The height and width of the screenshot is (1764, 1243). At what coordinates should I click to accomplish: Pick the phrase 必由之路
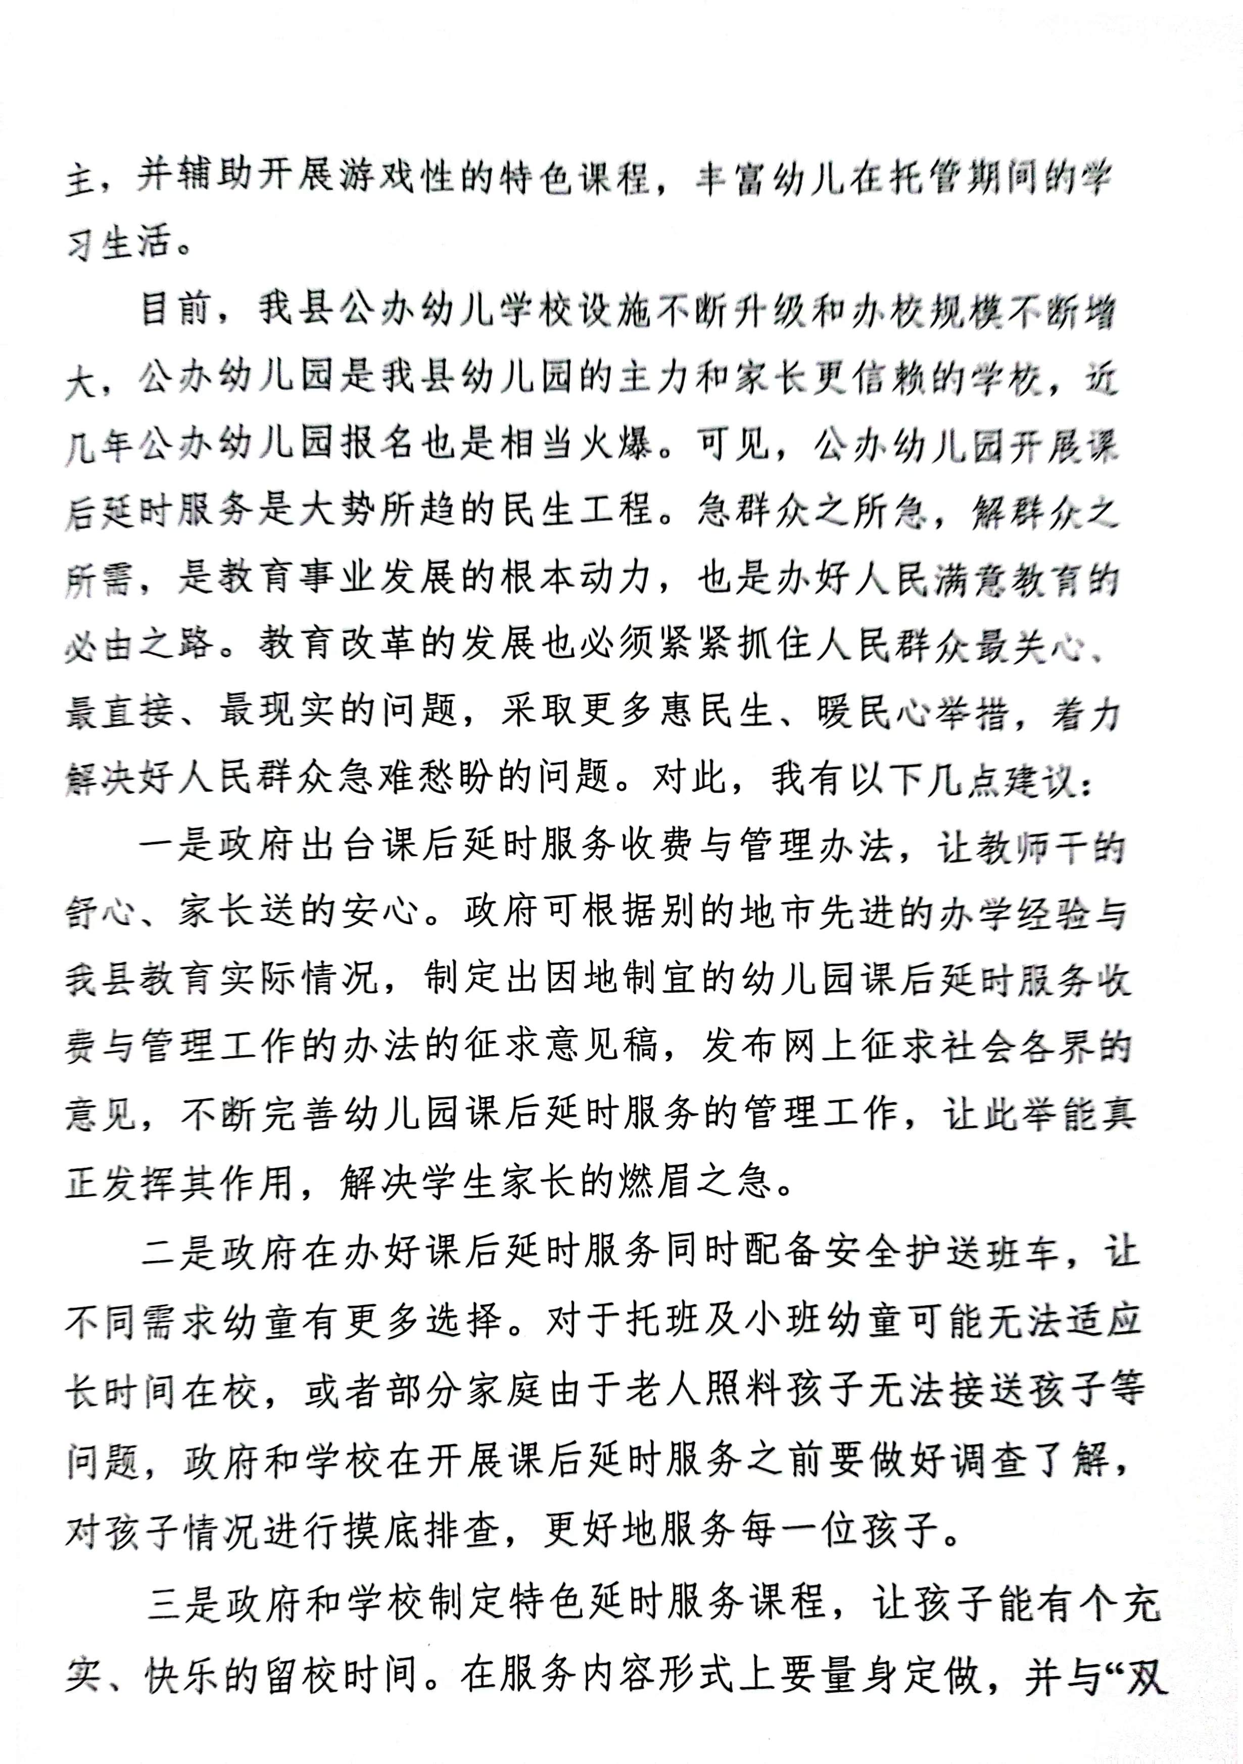point(139,645)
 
